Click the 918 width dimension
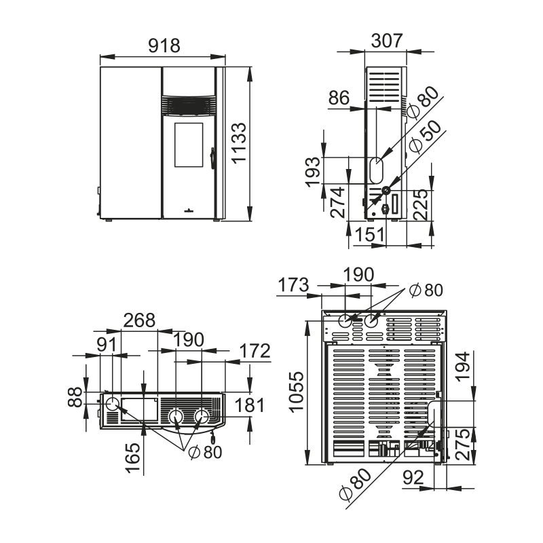[x=164, y=45]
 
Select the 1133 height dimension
[x=239, y=143]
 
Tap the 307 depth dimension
[x=387, y=41]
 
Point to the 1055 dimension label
[x=296, y=392]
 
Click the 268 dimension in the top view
[x=139, y=320]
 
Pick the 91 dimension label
[x=107, y=344]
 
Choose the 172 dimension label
[x=255, y=351]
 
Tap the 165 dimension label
[x=133, y=458]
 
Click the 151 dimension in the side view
[x=370, y=234]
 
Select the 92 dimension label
[x=413, y=478]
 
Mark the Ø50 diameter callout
[x=426, y=136]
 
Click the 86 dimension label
[x=339, y=98]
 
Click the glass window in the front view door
[x=189, y=145]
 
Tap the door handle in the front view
[x=212, y=158]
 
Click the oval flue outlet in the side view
[x=377, y=170]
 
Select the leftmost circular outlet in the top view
[x=113, y=404]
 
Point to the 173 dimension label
[x=293, y=285]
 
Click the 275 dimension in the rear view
[x=464, y=445]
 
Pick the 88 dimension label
[x=75, y=397]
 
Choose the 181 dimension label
[x=249, y=405]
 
